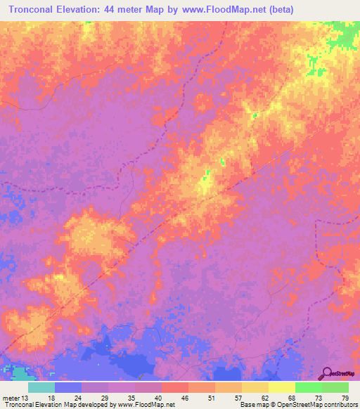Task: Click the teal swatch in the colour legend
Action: [x=41, y=387]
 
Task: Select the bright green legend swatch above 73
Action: [x=308, y=387]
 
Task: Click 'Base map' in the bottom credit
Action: [x=252, y=405]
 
